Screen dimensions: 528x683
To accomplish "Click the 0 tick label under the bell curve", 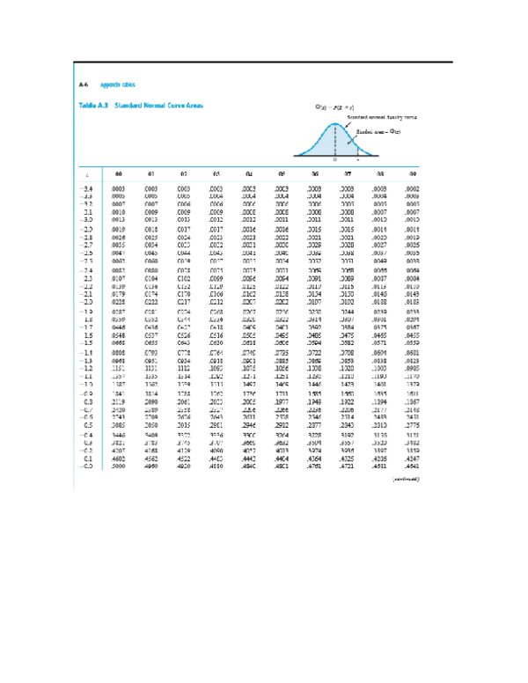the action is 334,160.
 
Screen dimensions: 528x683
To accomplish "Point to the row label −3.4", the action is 86,188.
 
